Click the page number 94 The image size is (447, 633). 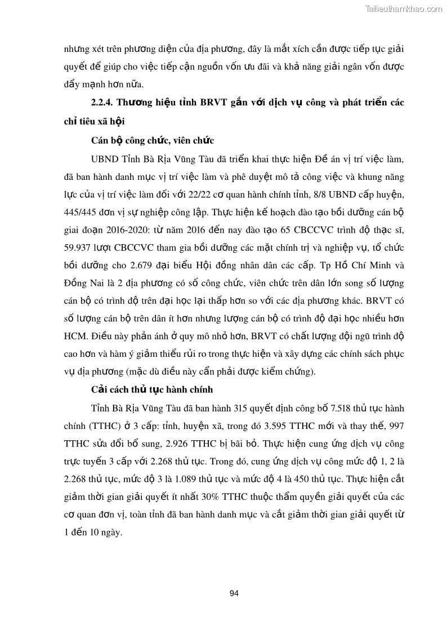[235, 593]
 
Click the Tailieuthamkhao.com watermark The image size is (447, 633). [404, 8]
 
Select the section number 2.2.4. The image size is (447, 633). [103, 103]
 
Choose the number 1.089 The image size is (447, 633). [147, 480]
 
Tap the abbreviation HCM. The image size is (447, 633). [74, 337]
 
